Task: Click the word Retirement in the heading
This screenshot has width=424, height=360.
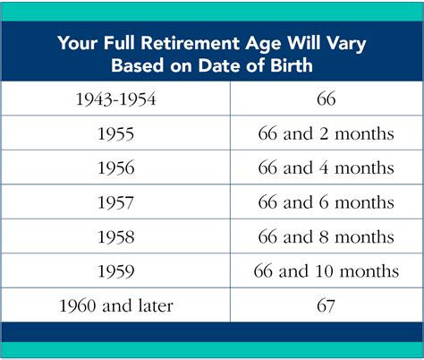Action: click(191, 43)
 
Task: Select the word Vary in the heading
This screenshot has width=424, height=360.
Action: click(346, 44)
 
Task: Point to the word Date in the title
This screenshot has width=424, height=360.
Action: click(220, 65)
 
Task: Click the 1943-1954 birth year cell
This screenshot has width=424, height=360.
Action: click(116, 99)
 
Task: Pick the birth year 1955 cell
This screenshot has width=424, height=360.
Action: click(116, 133)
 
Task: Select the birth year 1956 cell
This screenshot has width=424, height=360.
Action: click(116, 167)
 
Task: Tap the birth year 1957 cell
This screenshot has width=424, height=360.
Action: click(116, 202)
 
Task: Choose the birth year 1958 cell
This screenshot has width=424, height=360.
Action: click(116, 237)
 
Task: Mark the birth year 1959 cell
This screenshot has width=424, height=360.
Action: click(116, 271)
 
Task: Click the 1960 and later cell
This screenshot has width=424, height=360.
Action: click(116, 305)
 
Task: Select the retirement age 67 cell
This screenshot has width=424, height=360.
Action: click(326, 305)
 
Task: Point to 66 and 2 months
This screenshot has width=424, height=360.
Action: click(326, 133)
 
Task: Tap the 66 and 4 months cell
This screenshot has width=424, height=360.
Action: click(326, 167)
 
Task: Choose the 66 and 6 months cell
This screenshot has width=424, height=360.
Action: click(326, 202)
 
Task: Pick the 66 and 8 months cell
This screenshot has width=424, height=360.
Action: click(326, 237)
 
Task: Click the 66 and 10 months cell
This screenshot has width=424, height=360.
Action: click(326, 271)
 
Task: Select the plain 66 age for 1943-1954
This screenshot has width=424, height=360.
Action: click(326, 99)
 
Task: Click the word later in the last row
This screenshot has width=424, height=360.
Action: click(156, 305)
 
